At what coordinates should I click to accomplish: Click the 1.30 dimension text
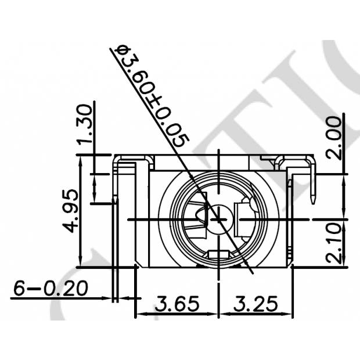point(85,126)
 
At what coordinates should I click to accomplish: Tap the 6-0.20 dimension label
point(50,288)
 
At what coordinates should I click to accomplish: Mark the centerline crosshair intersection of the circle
point(218,219)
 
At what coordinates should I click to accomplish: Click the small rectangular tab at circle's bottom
point(219,254)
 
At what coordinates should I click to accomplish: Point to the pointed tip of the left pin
point(117,201)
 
